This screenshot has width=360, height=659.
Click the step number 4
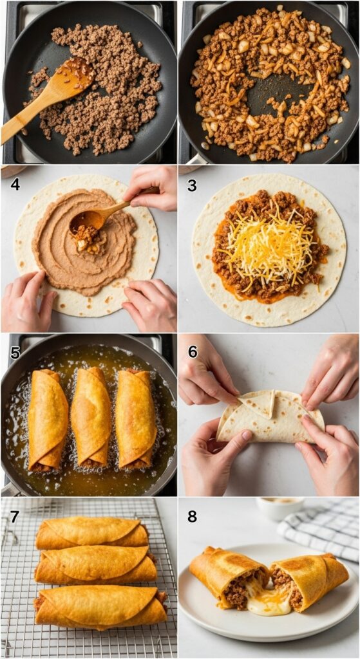[x=15, y=185]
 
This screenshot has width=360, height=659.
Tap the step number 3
[x=192, y=185]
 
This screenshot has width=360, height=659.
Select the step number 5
[x=15, y=352]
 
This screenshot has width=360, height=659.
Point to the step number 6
[x=192, y=352]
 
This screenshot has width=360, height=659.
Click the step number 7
[x=15, y=516]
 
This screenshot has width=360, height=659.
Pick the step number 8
[x=192, y=516]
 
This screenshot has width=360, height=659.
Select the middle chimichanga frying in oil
[x=90, y=417]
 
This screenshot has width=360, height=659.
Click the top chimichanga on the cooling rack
[x=92, y=533]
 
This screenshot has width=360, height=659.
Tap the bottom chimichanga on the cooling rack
[x=100, y=608]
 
